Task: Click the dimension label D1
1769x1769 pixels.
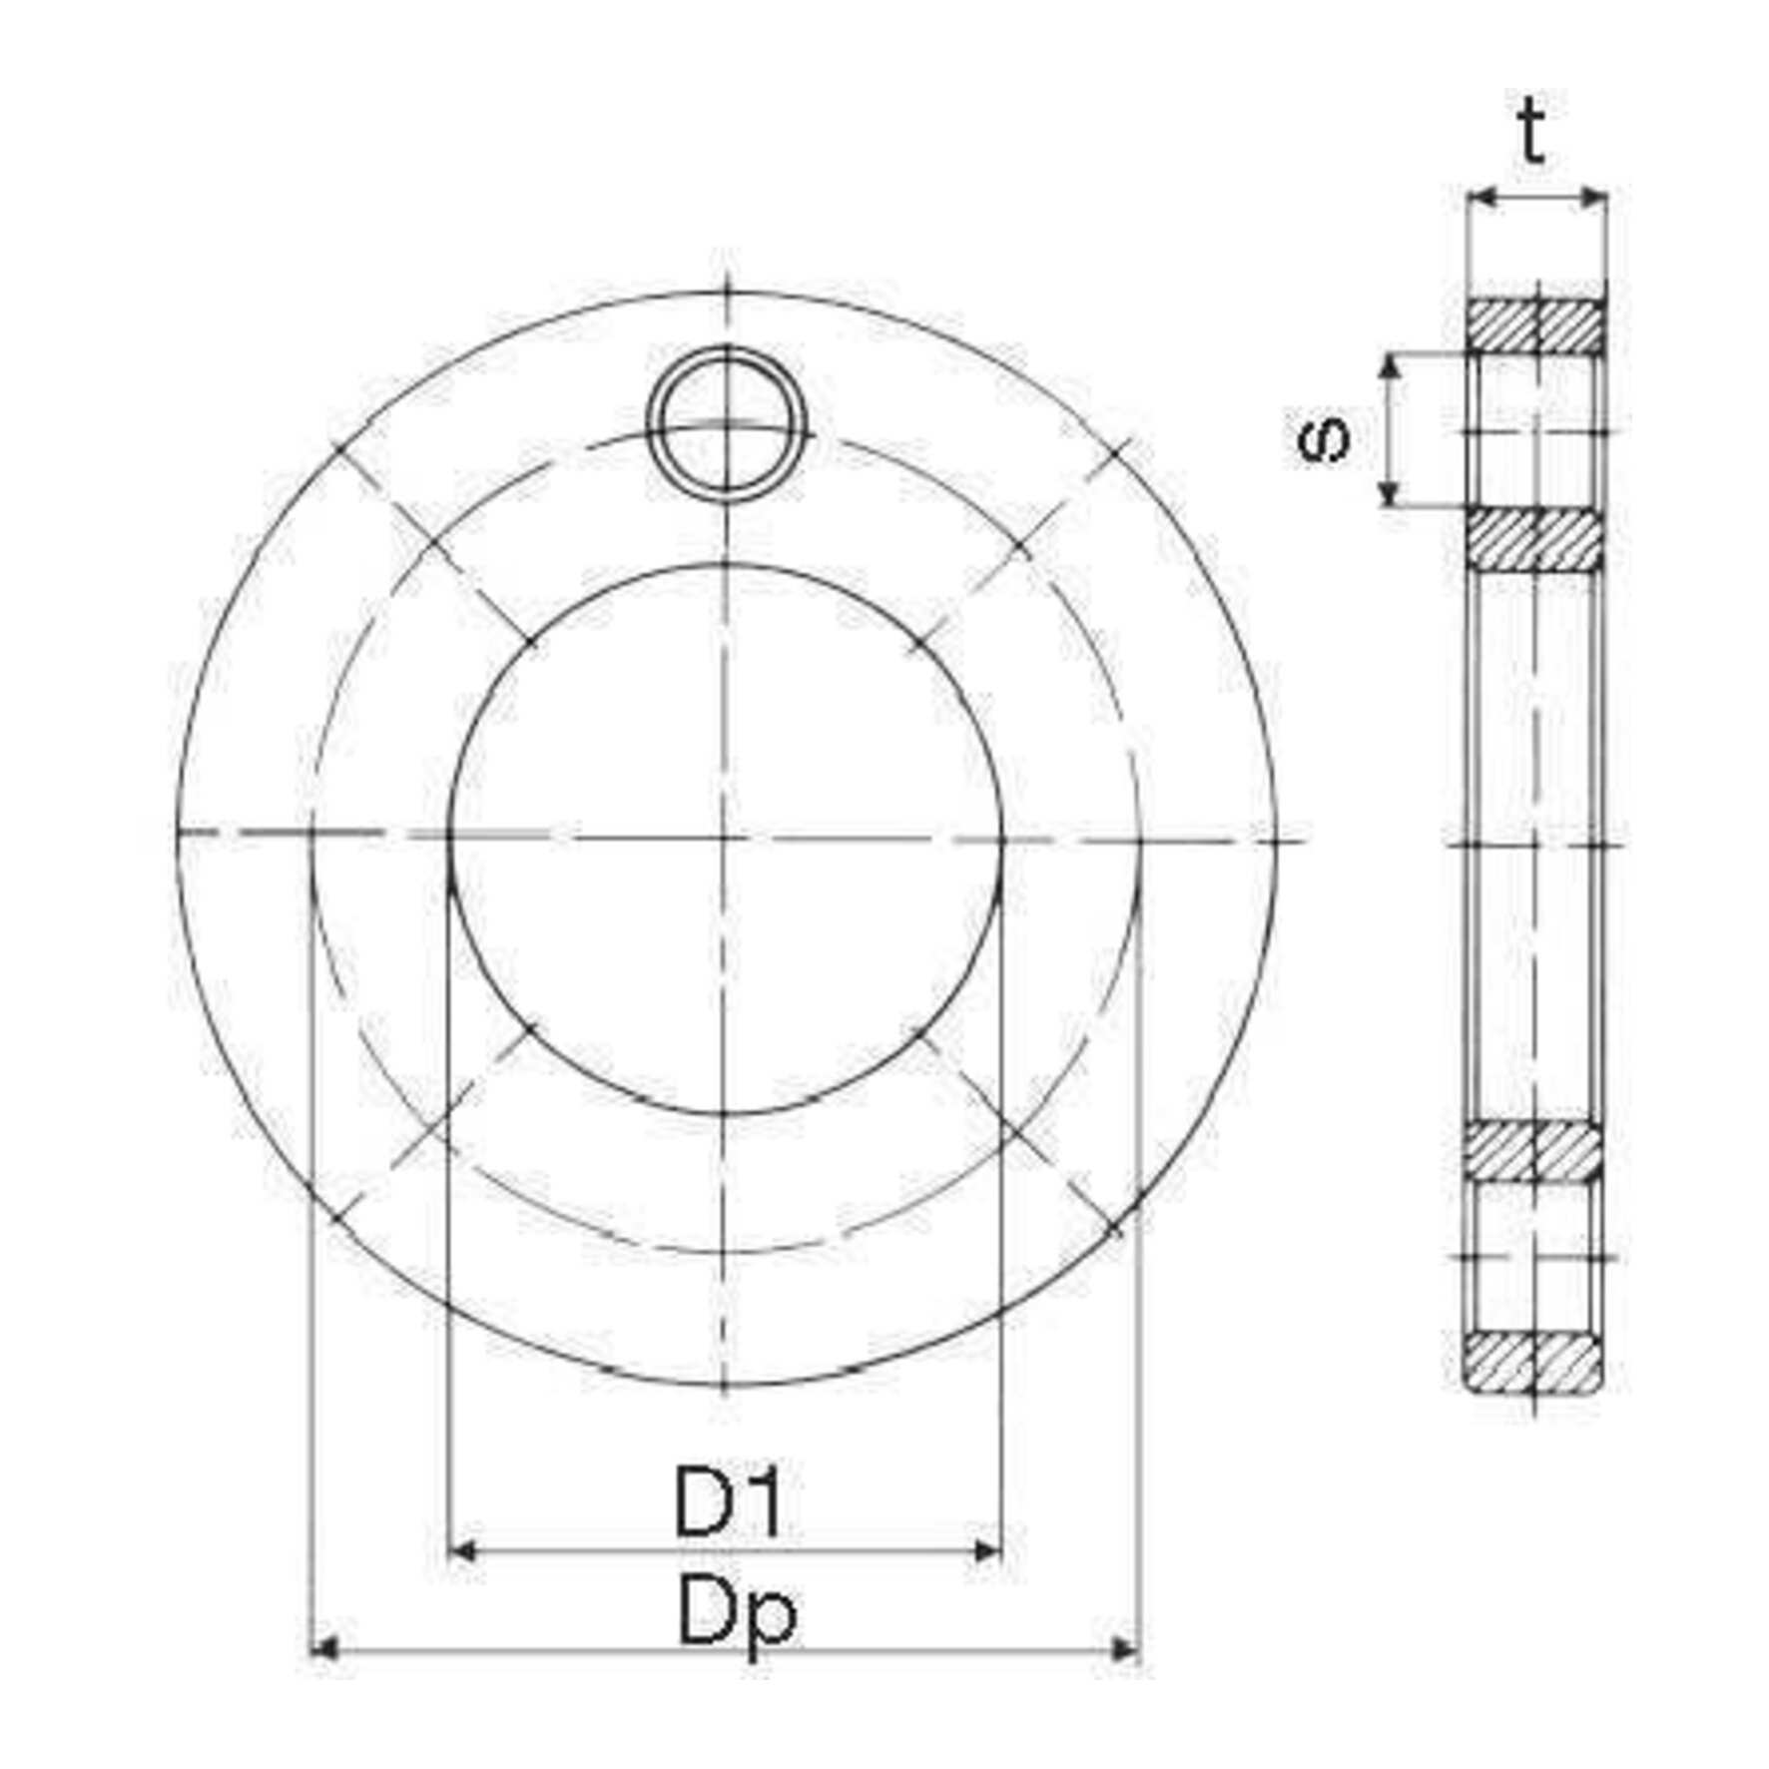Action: point(729,1501)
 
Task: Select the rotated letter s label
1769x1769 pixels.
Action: point(1325,436)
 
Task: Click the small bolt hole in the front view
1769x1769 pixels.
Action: point(725,421)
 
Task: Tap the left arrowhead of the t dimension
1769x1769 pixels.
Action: point(1484,199)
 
